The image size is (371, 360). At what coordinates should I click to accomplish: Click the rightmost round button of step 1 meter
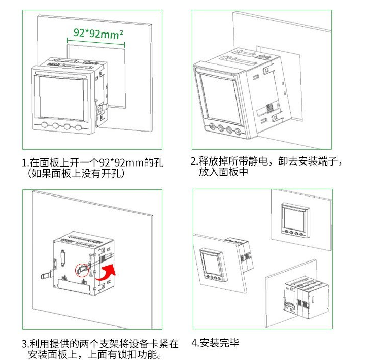[x=79, y=127]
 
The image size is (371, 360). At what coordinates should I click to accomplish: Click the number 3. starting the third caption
[x=25, y=344]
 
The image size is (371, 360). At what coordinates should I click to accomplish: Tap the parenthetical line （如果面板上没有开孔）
[x=76, y=174]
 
